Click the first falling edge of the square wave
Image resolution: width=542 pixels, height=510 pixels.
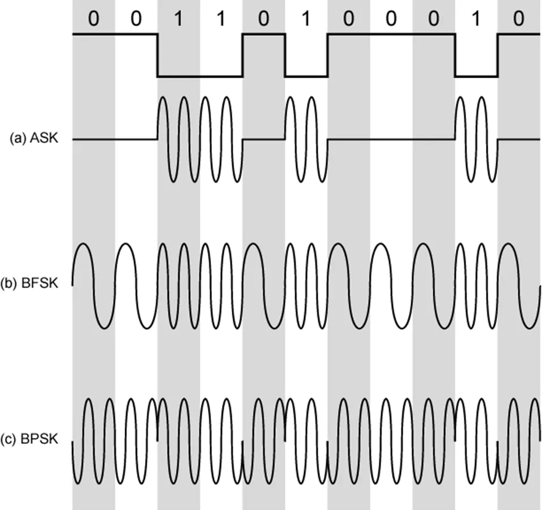[157, 55]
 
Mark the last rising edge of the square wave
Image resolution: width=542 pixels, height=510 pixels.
[498, 55]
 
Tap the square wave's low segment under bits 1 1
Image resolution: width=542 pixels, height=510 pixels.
[200, 76]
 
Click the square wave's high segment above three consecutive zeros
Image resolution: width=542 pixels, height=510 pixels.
[391, 34]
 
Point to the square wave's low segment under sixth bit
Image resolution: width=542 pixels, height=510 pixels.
[306, 76]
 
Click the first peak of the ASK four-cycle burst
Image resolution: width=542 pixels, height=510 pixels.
[163, 97]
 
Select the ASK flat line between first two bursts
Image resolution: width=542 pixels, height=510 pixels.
[263, 139]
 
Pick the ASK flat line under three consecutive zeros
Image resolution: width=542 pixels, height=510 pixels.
[391, 139]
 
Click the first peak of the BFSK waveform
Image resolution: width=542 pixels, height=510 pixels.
[83, 244]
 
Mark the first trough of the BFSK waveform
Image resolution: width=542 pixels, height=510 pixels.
[104, 327]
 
